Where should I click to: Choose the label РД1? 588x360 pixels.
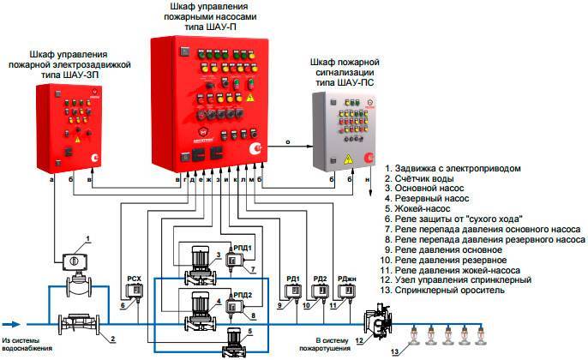tap(292, 278)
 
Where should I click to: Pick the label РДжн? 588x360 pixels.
tap(347, 278)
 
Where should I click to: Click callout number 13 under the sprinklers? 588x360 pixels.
tap(395, 352)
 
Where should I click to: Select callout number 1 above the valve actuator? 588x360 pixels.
tap(86, 237)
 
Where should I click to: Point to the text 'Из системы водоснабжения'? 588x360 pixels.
tap(30, 345)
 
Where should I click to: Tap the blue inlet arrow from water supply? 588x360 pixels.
tap(14, 324)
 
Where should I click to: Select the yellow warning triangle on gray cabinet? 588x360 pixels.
tap(348, 159)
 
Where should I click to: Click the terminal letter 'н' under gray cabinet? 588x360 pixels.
tap(368, 181)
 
